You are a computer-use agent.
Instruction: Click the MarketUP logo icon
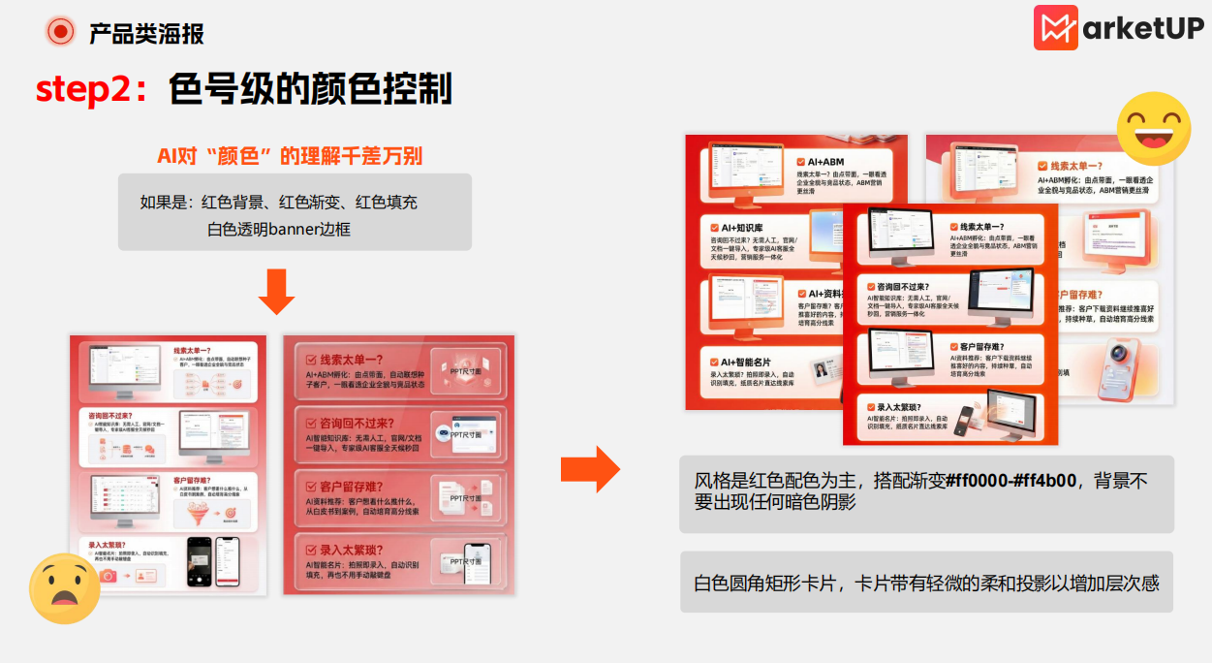[1055, 28]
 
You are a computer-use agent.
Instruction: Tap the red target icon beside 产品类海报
[60, 32]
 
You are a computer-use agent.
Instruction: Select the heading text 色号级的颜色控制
[310, 89]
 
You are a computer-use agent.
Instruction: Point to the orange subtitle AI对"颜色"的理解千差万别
[290, 156]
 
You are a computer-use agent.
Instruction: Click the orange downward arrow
[276, 292]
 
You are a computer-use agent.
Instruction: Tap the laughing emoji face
[1153, 129]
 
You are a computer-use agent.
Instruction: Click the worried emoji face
[64, 588]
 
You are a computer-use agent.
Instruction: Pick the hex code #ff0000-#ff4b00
[1010, 481]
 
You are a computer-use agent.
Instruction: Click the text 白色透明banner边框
[278, 230]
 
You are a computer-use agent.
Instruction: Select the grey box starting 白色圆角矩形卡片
[926, 583]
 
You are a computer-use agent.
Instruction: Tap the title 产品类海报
[146, 34]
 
